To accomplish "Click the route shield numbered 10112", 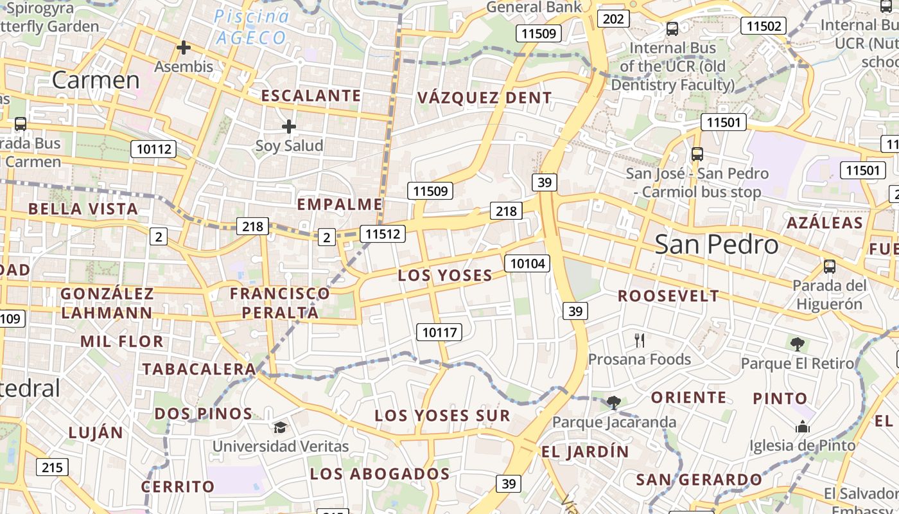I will click(155, 149).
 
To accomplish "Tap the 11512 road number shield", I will click(382, 234).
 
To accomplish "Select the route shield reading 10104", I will click(527, 263).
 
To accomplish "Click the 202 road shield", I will click(613, 19).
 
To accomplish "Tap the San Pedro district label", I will click(717, 245).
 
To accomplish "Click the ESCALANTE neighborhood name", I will click(311, 96).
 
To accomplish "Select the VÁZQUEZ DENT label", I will click(484, 98).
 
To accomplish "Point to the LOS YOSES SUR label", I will click(442, 416).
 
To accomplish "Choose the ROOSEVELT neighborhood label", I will click(668, 296).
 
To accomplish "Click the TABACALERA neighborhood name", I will click(200, 369).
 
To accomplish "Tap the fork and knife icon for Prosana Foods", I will click(639, 340).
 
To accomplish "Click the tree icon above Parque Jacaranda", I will click(613, 403).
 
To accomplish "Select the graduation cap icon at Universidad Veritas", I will click(280, 427).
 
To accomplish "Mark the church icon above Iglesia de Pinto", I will click(802, 427).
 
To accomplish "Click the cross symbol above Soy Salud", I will click(289, 127).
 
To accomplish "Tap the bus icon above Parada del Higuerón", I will click(829, 267).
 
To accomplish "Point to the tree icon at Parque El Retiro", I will click(797, 344).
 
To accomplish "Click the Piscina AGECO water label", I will click(251, 26).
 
